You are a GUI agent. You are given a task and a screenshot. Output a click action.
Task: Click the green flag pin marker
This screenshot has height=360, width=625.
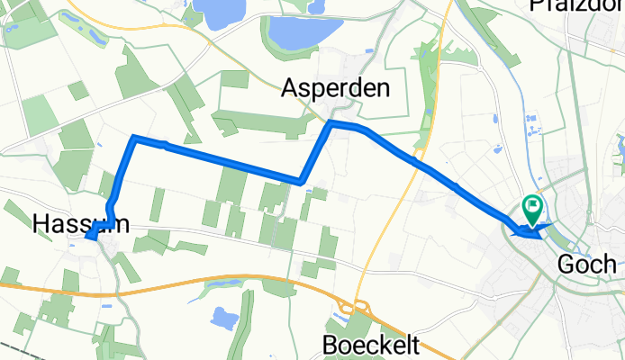(x=531, y=209)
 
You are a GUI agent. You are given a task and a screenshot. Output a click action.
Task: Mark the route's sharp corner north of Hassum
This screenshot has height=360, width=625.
(x=134, y=137)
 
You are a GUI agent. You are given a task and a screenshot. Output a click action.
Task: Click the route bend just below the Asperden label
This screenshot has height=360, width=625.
(x=331, y=122)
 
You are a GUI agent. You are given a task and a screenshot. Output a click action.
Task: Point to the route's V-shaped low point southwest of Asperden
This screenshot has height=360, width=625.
(x=301, y=181)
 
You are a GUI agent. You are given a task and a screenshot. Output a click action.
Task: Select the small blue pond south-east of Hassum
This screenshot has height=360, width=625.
(x=222, y=318)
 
